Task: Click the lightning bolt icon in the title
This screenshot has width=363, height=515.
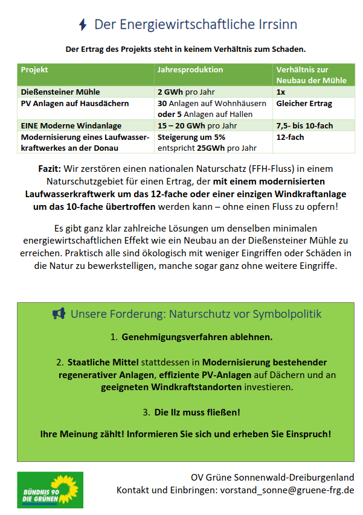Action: pyautogui.click(x=83, y=25)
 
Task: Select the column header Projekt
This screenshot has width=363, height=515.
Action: pyautogui.click(x=34, y=70)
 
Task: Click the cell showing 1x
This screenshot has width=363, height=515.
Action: pyautogui.click(x=281, y=93)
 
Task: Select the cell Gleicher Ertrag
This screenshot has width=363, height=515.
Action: pyautogui.click(x=304, y=104)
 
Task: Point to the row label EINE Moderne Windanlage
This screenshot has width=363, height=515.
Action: pyautogui.click(x=71, y=126)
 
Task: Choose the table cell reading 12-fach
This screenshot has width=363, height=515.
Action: pyautogui.click(x=291, y=137)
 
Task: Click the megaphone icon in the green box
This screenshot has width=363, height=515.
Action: pyautogui.click(x=59, y=314)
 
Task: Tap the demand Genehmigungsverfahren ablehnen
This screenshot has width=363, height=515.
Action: pyautogui.click(x=197, y=337)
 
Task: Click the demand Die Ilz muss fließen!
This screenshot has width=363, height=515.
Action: pyautogui.click(x=198, y=412)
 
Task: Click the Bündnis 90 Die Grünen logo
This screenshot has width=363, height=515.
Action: pyautogui.click(x=50, y=490)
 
